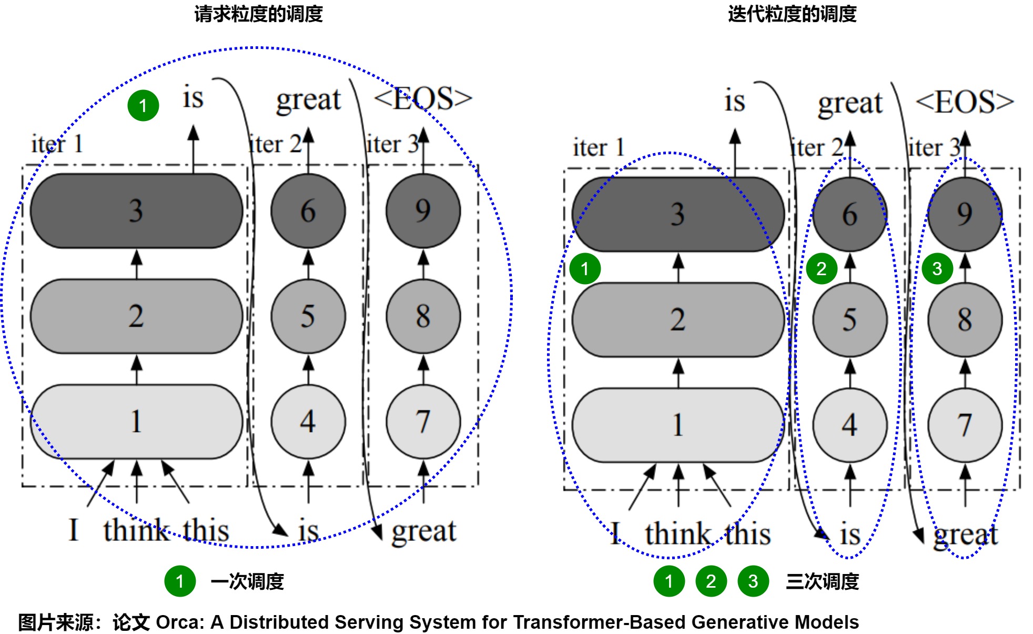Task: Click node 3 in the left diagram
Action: pyautogui.click(x=136, y=210)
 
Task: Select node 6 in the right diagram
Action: pyautogui.click(x=849, y=214)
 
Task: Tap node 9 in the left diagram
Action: pyautogui.click(x=423, y=210)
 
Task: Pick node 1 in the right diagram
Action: pyautogui.click(x=677, y=425)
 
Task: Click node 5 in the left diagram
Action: pyautogui.click(x=308, y=316)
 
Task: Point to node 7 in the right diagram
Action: pyautogui.click(x=965, y=425)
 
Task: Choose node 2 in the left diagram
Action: pyautogui.click(x=136, y=316)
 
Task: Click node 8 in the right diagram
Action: pyautogui.click(x=965, y=319)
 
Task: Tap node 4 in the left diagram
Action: pyautogui.click(x=308, y=421)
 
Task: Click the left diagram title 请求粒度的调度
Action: pyautogui.click(x=258, y=14)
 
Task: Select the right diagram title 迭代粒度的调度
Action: pyautogui.click(x=792, y=14)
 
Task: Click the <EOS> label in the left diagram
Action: pyautogui.click(x=423, y=98)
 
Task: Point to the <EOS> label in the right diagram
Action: pyautogui.click(x=965, y=102)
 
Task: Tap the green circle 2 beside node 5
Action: pyautogui.click(x=822, y=269)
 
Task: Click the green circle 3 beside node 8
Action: pyautogui.click(x=937, y=269)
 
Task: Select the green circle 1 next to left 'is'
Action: pyautogui.click(x=143, y=106)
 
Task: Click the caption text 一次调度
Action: pyautogui.click(x=247, y=581)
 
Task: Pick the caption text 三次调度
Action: pyautogui.click(x=822, y=581)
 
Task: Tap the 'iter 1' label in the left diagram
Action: pyautogui.click(x=57, y=144)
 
